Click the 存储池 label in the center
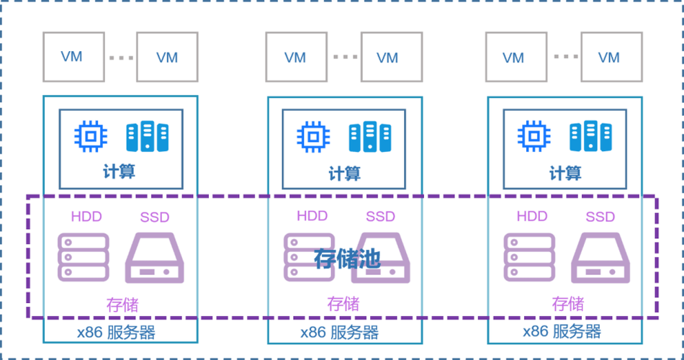tap(346, 258)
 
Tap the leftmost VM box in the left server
tap(71, 57)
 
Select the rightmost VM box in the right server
tap(608, 57)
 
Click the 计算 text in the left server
tap(119, 172)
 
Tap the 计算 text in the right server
tap(565, 173)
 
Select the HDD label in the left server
tap(86, 216)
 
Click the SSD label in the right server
tap(600, 217)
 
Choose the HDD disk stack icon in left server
tap(84, 257)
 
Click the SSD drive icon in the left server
tap(155, 257)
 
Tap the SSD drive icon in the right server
tap(600, 257)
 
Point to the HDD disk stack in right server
tap(528, 257)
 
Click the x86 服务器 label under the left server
tap(117, 332)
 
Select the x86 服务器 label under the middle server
tap(340, 332)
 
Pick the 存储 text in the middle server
tap(343, 303)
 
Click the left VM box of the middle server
tap(294, 57)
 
